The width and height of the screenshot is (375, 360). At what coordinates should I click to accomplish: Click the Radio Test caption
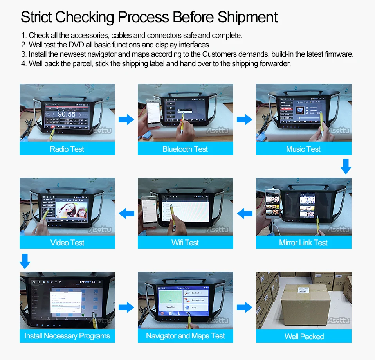67,149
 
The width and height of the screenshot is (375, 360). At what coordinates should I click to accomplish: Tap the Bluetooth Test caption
185,149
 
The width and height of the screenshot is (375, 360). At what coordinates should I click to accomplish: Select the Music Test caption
303,149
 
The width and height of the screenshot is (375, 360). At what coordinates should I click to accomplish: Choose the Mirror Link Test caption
303,243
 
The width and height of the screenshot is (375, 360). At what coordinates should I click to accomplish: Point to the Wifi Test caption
185,243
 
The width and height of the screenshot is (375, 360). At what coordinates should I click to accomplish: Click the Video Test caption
67,243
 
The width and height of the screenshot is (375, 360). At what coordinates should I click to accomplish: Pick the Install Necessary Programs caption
67,336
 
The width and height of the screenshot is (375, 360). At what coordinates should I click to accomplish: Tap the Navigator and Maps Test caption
185,336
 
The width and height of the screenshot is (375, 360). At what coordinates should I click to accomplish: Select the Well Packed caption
304,336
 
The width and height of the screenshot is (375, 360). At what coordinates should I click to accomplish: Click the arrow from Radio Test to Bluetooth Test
126,119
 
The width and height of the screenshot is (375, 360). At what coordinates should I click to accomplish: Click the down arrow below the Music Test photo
346,166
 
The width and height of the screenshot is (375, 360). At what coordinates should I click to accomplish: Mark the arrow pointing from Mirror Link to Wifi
245,213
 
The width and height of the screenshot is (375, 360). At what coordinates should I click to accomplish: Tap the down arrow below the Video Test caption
25,261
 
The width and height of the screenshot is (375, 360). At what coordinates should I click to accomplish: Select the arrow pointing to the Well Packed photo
245,307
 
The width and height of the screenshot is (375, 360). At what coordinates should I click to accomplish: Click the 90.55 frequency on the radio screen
66,114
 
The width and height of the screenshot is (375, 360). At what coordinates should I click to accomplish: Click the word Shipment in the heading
248,17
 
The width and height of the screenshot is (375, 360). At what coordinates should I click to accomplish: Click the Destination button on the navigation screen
197,293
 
